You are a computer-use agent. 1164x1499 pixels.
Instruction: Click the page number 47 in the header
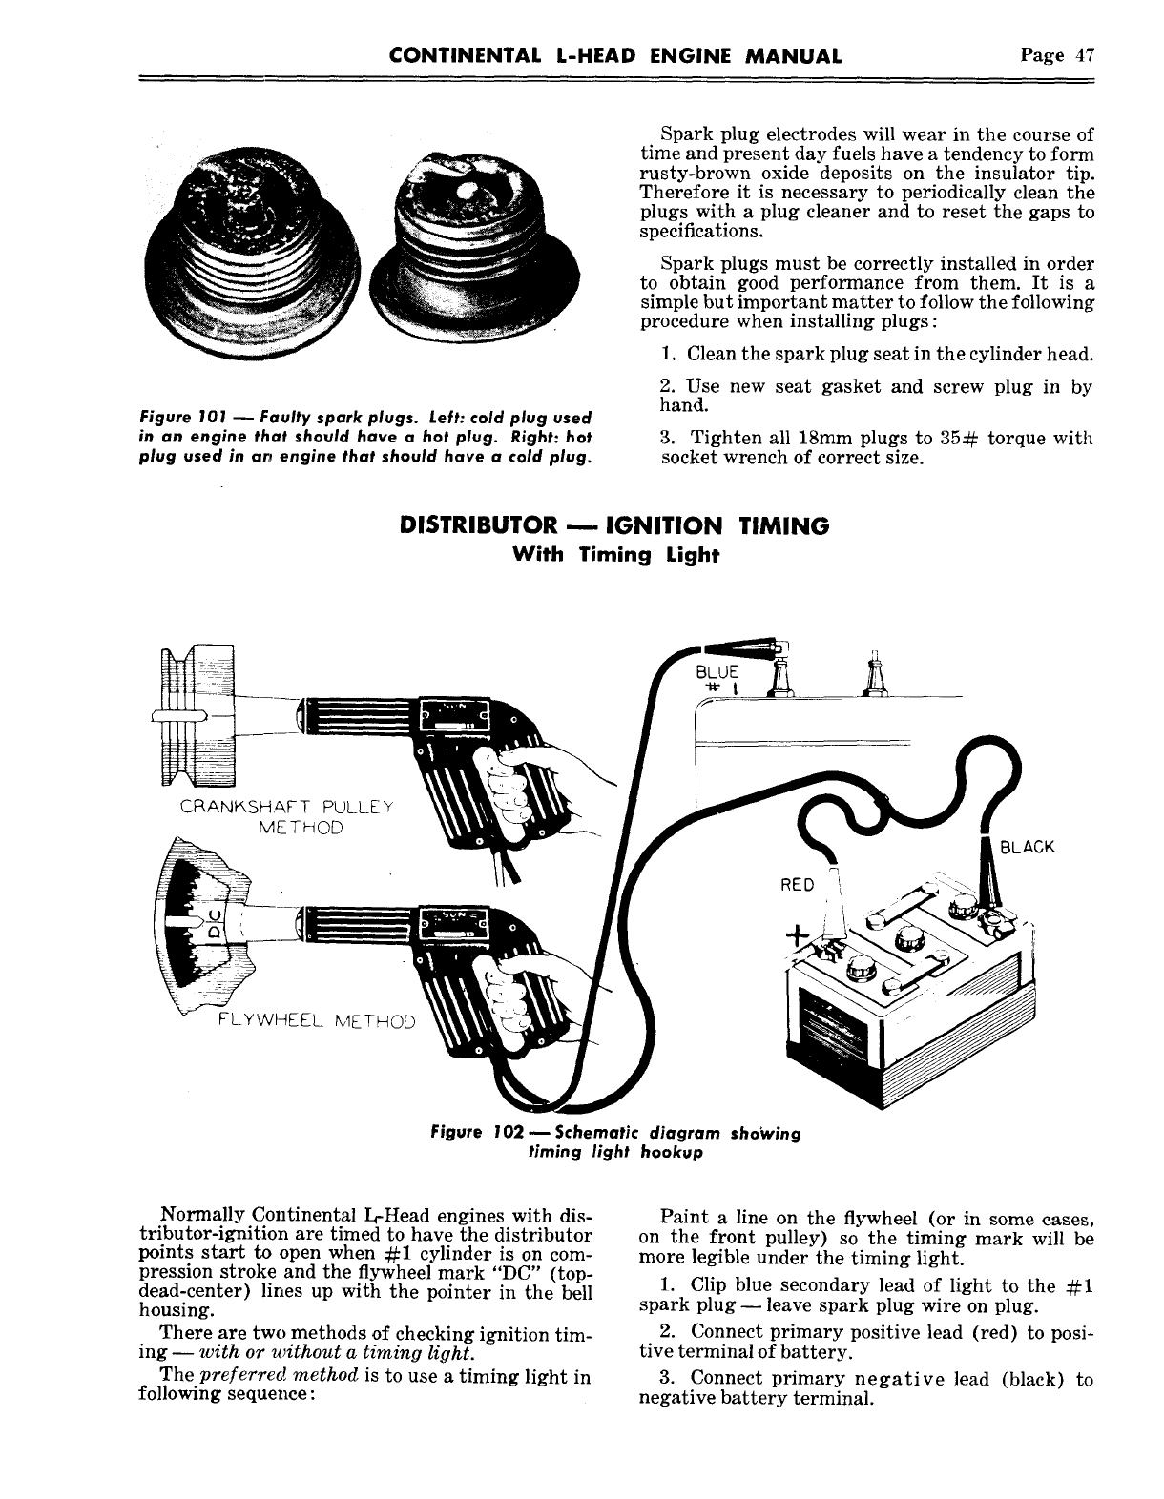[x=1082, y=55]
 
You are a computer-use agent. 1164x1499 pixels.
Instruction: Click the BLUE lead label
[x=718, y=672]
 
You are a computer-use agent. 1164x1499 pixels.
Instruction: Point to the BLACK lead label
[x=1026, y=847]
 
